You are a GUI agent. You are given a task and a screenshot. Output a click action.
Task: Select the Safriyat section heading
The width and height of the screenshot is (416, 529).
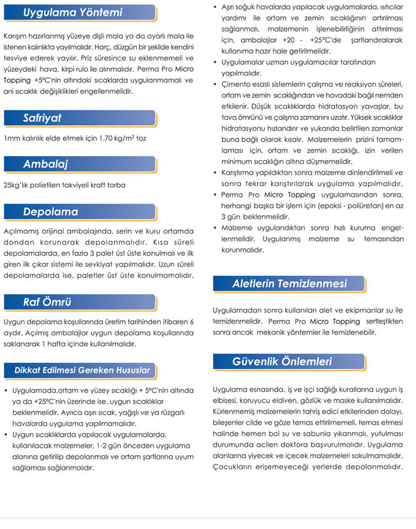pyautogui.click(x=42, y=118)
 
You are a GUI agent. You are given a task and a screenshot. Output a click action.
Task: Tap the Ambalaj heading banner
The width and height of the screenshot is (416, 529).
pyautogui.click(x=45, y=164)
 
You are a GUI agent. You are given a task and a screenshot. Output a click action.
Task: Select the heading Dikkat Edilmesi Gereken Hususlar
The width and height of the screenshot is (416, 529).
pyautogui.click(x=82, y=370)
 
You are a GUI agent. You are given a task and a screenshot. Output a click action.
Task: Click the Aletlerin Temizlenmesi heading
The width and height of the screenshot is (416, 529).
pyautogui.click(x=289, y=284)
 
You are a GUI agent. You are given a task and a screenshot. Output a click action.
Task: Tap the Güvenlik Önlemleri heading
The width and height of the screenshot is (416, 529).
pyautogui.click(x=282, y=361)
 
